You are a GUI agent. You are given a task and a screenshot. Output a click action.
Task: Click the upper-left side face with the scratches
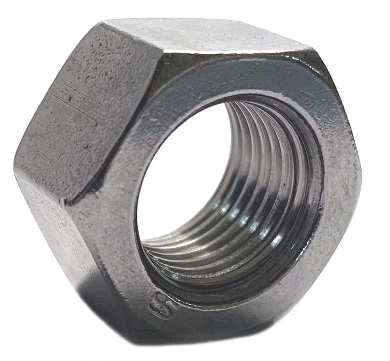coord(86,117)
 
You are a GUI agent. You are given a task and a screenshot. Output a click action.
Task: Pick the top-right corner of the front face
coord(311,51)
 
